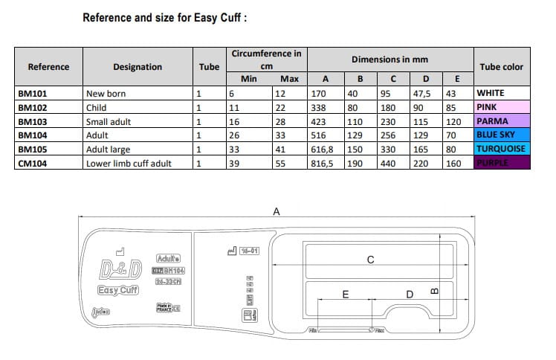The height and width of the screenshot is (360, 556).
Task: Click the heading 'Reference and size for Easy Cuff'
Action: [164, 16]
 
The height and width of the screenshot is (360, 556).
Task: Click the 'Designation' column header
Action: [137, 67]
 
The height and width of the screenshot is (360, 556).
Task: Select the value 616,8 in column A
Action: [324, 149]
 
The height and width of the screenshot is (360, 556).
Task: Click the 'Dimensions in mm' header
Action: [389, 59]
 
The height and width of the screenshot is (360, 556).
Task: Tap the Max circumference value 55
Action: [280, 163]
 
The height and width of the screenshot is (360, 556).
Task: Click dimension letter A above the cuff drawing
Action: [277, 212]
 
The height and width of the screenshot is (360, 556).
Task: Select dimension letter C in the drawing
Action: [370, 259]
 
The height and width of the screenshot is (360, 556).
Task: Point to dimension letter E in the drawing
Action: [346, 295]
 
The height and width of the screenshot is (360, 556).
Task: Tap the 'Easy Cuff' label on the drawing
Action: [118, 290]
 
